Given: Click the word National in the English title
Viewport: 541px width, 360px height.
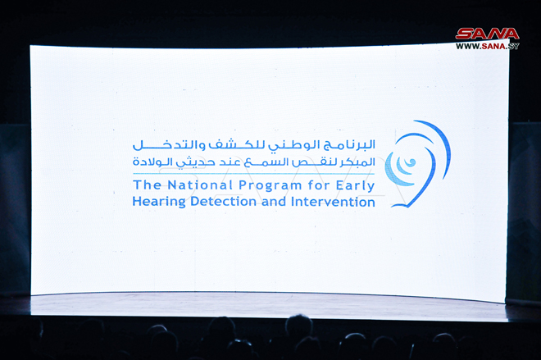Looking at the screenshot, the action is coord(200,185).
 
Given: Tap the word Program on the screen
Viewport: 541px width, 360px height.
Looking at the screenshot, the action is coord(270,186).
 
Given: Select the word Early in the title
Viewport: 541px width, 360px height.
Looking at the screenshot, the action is coord(356,186).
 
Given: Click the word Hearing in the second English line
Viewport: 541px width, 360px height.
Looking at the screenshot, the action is coord(159,202).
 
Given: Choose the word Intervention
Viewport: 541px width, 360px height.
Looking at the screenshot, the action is coord(334,202).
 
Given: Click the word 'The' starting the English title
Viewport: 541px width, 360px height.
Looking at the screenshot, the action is coord(148,185).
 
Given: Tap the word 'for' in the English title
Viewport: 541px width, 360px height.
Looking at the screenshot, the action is coord(319,185).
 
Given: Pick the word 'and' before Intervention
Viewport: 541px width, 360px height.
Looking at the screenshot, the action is coord(274,202).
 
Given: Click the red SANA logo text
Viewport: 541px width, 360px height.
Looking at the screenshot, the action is coord(487,34).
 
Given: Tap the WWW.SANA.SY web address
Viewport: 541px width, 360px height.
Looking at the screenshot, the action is coord(487,46).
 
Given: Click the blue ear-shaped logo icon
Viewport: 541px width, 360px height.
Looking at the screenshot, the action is coord(417,164).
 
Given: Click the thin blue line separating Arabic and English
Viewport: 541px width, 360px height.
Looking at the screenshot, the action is coord(254,174).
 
